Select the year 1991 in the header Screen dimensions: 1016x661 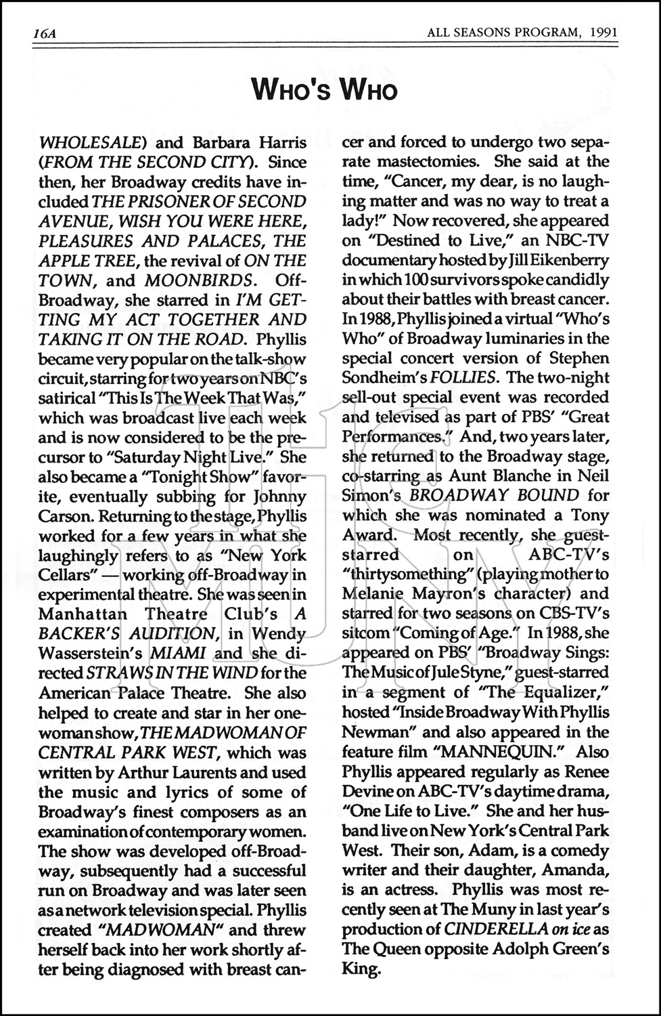(x=603, y=33)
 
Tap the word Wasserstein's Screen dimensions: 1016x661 (x=85, y=654)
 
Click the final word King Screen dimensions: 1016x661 (x=360, y=969)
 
